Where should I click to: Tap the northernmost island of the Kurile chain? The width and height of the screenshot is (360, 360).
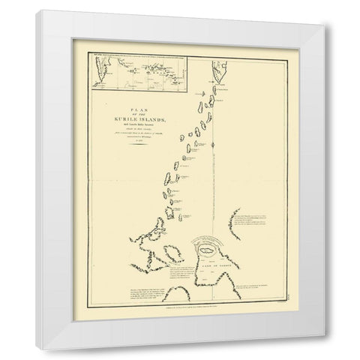click(203, 88)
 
